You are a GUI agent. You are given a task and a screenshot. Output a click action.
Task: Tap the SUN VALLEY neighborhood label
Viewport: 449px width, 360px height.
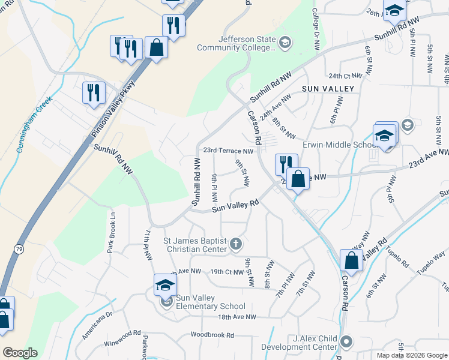click(x=328, y=88)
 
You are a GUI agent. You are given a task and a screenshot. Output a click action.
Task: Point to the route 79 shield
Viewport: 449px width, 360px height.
click(x=18, y=248)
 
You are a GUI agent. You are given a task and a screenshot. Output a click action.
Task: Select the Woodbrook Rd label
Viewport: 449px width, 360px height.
click(x=212, y=335)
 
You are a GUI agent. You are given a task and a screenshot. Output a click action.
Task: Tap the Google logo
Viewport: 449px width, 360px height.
click(x=20, y=352)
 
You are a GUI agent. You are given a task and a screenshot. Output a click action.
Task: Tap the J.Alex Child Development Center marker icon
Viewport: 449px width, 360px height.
click(x=345, y=342)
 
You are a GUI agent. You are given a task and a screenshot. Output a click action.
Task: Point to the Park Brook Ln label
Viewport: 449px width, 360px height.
click(x=110, y=232)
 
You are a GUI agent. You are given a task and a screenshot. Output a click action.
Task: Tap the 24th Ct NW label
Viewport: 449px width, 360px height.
click(x=346, y=76)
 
